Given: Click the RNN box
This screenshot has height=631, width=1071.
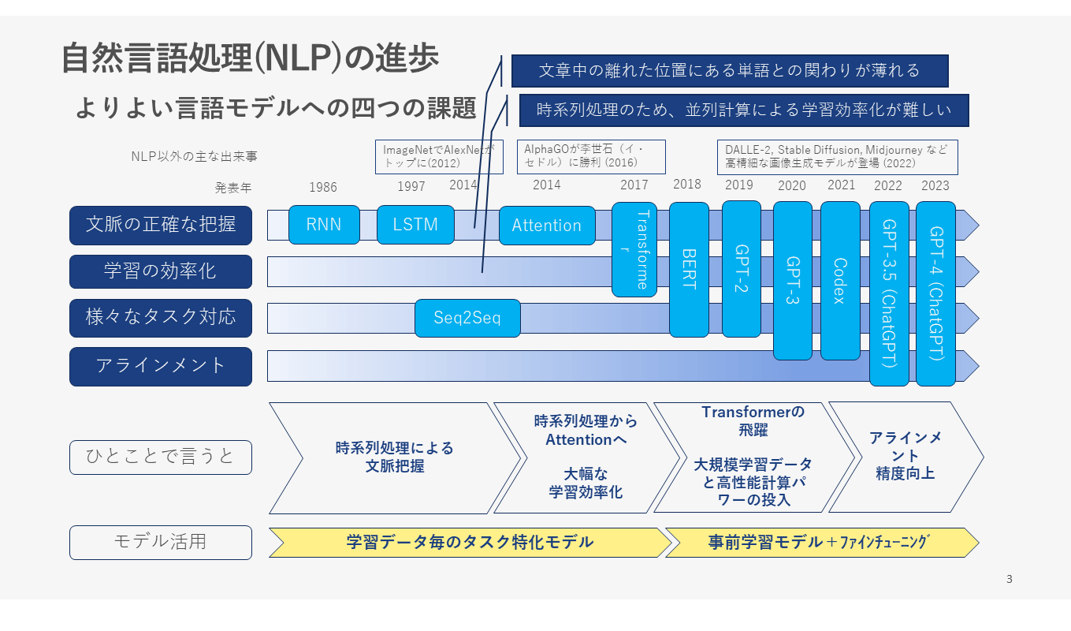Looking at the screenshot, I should pos(324,225).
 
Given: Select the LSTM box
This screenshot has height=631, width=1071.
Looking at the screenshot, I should pos(415,225).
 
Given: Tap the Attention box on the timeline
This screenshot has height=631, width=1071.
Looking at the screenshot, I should pos(546,226).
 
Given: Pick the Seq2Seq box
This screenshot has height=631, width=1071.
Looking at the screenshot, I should pos(467,318).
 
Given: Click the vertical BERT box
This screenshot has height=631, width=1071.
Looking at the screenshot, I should pos(689,269).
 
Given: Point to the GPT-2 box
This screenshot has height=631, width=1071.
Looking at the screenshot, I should pos(741,268).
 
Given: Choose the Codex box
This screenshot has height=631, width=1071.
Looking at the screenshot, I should pos(840,280).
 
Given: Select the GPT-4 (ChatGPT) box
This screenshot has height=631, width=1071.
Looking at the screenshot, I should pos(935,293).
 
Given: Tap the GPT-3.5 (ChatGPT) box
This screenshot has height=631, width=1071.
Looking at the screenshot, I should pos(889,293).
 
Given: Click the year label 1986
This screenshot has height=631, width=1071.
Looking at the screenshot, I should pos(322,187).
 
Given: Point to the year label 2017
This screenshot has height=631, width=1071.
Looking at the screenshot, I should pos(634,185).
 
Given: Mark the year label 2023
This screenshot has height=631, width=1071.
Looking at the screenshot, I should pos(935,186).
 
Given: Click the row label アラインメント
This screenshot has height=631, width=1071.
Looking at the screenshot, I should pos(161,366).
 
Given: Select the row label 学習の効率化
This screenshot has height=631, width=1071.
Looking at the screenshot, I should pos(161,271).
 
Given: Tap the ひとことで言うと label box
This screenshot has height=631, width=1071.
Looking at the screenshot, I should pos(161,457).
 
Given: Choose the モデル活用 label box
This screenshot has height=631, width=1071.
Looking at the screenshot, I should pos(161,542).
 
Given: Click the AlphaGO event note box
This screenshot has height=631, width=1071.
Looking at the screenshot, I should pos(591,156).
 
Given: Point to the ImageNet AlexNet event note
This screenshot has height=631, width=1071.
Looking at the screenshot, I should pos(438,156).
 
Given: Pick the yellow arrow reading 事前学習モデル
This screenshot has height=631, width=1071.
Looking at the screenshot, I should pos(820,543).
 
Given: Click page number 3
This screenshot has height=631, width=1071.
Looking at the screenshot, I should pos(1010,580).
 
